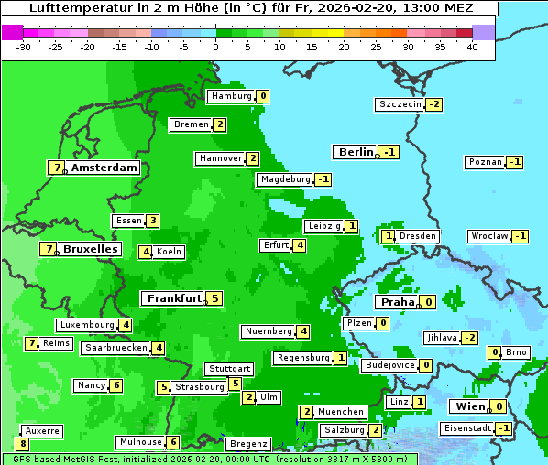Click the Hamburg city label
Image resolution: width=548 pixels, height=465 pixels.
[x=230, y=96]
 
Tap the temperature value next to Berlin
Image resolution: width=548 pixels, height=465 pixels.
[x=390, y=152]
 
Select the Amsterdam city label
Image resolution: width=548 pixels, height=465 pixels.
[x=104, y=168]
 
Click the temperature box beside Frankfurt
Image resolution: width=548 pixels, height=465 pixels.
[x=214, y=298]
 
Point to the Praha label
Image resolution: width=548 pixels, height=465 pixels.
[x=398, y=302]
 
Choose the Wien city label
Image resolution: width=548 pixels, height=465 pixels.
[x=468, y=406]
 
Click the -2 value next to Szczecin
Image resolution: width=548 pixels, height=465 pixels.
[x=433, y=104]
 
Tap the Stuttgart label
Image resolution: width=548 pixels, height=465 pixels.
[x=228, y=369]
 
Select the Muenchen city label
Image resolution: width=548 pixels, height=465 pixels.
[x=342, y=412]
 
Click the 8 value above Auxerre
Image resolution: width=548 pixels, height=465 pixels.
[x=23, y=443]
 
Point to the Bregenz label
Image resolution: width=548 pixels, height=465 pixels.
[x=247, y=444]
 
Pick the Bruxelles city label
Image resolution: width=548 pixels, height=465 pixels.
[x=90, y=249]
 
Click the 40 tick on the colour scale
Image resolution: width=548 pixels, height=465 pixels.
[x=472, y=46]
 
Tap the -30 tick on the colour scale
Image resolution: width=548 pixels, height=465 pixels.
[x=24, y=46]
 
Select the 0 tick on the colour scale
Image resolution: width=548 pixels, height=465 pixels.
[x=216, y=46]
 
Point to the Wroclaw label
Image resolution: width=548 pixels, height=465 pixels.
[x=488, y=236]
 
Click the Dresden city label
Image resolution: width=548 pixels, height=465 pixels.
[x=418, y=236]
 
